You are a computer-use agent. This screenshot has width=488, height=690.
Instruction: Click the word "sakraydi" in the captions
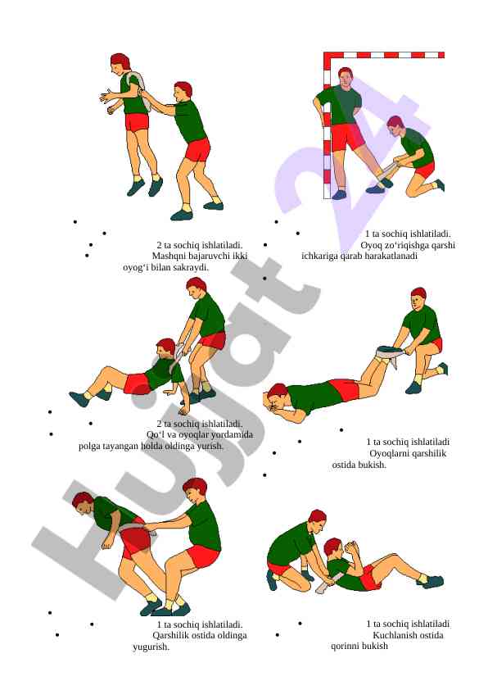click(191, 267)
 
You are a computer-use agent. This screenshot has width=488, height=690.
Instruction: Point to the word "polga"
click(88, 447)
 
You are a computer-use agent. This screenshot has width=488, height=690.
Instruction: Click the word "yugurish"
click(151, 647)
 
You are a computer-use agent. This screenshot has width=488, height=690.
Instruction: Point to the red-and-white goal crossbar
click(384, 55)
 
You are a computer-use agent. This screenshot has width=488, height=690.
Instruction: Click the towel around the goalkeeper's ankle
click(387, 175)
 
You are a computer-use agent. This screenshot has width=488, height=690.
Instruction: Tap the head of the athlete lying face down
click(277, 395)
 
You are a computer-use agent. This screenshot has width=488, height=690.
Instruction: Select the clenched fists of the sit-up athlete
click(352, 549)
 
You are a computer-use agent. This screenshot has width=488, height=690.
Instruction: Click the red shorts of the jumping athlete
click(137, 122)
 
